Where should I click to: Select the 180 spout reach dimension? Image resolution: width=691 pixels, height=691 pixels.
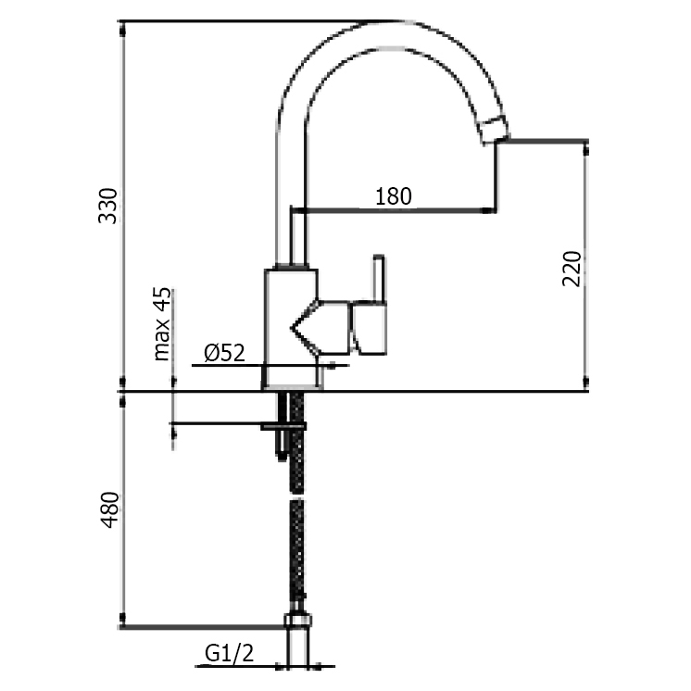coord(394,196)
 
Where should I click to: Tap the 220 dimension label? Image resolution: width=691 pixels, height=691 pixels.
coord(572,268)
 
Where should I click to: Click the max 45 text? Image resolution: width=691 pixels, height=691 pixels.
coord(163,323)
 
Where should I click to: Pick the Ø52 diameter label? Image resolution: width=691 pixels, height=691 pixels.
coord(223,352)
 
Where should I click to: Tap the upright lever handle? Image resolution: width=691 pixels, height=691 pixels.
coord(378,278)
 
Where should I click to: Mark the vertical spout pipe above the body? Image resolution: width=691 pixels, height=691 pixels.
coord(294,236)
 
